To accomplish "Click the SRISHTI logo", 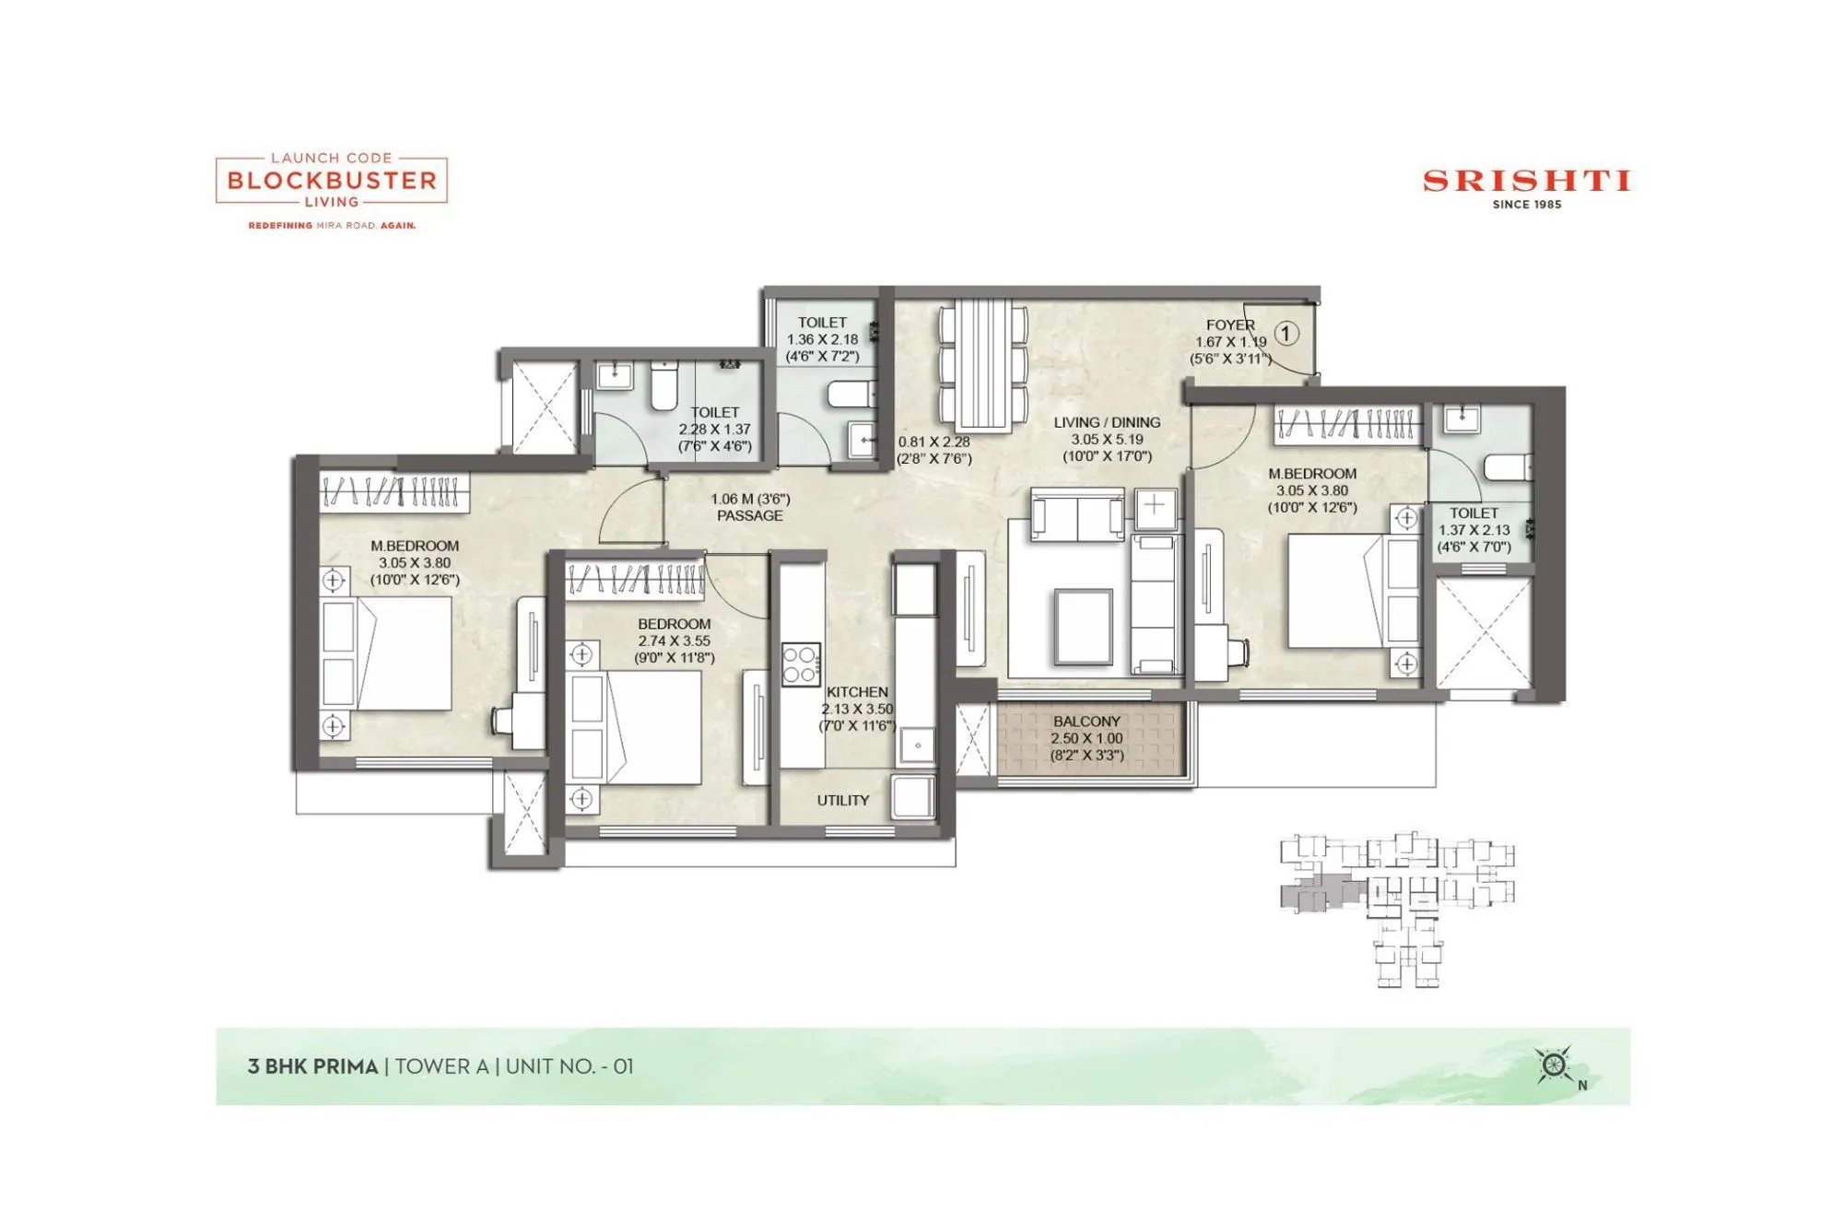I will click(x=1526, y=181).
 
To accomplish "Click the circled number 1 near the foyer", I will click(x=1286, y=334).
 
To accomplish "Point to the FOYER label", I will click(x=1230, y=325).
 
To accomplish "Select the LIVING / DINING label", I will click(x=1107, y=423).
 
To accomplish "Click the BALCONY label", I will click(x=1086, y=722).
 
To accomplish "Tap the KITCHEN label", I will click(x=857, y=692).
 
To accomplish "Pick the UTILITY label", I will click(x=842, y=801).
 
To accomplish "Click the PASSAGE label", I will click(x=749, y=516).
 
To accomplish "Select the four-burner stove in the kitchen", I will click(x=801, y=665).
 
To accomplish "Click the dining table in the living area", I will click(x=983, y=365).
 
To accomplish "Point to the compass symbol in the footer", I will click(x=1555, y=1065).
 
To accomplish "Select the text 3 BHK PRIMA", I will click(x=313, y=1066).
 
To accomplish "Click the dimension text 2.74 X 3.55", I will click(x=674, y=641).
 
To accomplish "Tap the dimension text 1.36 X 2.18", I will click(x=822, y=340).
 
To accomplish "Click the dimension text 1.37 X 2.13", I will click(x=1474, y=530).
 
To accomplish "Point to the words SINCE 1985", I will click(x=1527, y=205).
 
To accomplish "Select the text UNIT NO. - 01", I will click(x=569, y=1066).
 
